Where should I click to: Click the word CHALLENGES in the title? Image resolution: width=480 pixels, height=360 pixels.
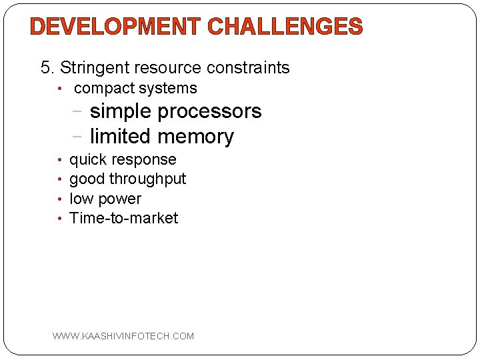(x=285, y=27)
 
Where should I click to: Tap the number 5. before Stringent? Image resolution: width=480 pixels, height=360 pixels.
(x=48, y=67)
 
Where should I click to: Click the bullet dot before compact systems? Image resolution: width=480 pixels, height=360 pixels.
(x=59, y=89)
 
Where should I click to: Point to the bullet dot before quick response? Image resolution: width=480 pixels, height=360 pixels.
(x=60, y=160)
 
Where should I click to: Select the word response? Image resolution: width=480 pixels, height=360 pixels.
(x=145, y=160)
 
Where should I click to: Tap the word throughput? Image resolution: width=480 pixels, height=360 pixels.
(x=147, y=179)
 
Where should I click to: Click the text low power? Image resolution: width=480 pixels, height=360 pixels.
(x=105, y=199)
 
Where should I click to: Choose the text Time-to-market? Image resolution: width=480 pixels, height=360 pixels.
(x=123, y=218)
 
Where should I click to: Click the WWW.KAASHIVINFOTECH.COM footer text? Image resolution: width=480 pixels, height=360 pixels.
(x=123, y=336)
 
